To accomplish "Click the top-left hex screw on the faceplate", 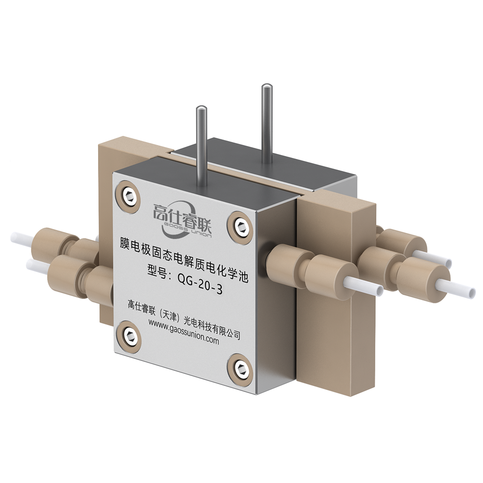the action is tap(129, 197).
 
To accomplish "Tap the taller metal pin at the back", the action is tap(266, 123).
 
